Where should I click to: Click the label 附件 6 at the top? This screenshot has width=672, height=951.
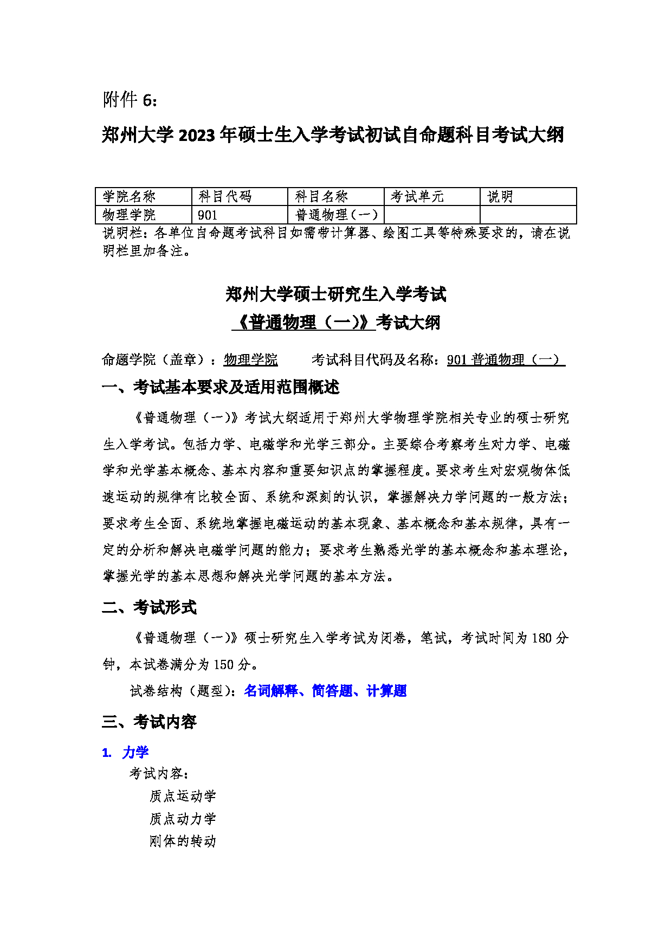point(130,100)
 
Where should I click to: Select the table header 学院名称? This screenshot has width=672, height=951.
point(129,197)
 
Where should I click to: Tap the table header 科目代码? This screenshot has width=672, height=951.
point(225,197)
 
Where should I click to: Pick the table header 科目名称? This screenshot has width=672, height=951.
point(321,197)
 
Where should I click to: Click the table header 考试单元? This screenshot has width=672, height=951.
point(417,197)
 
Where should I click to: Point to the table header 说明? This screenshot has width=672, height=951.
point(500,197)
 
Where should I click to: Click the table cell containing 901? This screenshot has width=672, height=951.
point(208,215)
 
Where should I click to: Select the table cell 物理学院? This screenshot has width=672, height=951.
point(129,215)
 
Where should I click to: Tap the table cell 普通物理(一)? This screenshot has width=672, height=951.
point(336,215)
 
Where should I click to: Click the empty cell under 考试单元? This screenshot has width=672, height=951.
point(432,215)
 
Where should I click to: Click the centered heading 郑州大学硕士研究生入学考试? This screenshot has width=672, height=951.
point(336,294)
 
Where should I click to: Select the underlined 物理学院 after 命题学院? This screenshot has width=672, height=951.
point(251,359)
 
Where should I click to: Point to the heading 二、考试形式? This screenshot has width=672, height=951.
point(149,607)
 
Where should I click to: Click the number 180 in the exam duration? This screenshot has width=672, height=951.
point(541,638)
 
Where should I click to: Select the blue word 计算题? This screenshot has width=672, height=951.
point(386,691)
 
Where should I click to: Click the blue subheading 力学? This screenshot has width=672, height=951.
point(135,753)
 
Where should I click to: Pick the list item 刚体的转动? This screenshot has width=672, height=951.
point(183,841)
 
